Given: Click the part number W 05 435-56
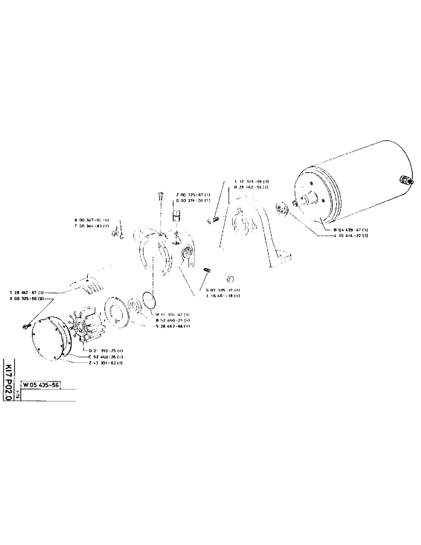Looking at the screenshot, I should pyautogui.click(x=40, y=384).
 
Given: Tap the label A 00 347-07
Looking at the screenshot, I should pyautogui.click(x=92, y=220).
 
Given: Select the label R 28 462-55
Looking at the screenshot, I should pyautogui.click(x=251, y=187).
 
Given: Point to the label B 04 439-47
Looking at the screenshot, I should pyautogui.click(x=351, y=230).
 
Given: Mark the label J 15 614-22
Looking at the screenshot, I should pyautogui.click(x=351, y=236).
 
